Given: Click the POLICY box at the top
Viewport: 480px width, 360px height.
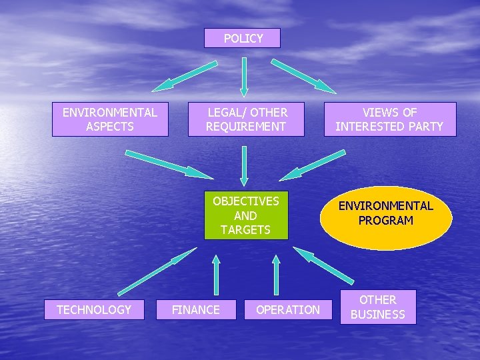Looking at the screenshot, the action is pos(243,38).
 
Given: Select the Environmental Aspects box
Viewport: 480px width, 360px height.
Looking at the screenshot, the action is pos(110,119).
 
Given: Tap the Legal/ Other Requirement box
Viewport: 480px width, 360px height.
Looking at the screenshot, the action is pos(246,119).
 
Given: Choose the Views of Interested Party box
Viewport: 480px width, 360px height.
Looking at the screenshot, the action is pos(390,119).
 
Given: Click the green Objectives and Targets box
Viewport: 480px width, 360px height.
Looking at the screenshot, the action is pos(245,215).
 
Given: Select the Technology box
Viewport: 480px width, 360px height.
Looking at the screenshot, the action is pos(94,309).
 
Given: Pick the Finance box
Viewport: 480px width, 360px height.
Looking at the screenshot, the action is pos(196,309).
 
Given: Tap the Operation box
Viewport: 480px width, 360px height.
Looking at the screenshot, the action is pos(288,309).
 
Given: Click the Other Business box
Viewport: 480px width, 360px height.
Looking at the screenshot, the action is pos(378,307).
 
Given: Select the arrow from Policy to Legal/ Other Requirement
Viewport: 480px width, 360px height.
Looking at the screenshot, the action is pos(244,77).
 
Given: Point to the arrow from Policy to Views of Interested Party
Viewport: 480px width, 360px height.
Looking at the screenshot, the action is pos(304,75).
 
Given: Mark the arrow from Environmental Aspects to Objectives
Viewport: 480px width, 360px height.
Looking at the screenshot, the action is pos(169,164).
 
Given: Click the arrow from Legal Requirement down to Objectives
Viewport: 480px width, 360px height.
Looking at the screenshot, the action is pos(244,165).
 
